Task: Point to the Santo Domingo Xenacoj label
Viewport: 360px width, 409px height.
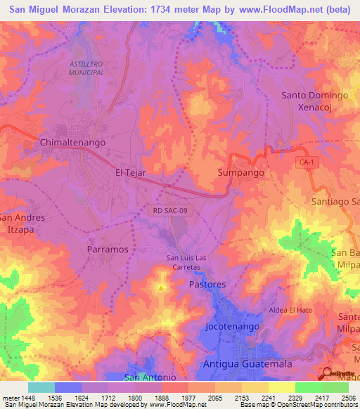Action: (315, 101)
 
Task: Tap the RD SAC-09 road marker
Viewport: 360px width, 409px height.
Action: (169, 209)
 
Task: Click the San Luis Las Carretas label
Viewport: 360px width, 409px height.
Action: (183, 262)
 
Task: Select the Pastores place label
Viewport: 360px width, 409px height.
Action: (207, 285)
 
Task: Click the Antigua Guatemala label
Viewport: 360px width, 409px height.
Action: (247, 364)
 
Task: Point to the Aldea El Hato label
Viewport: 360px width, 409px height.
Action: (292, 310)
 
